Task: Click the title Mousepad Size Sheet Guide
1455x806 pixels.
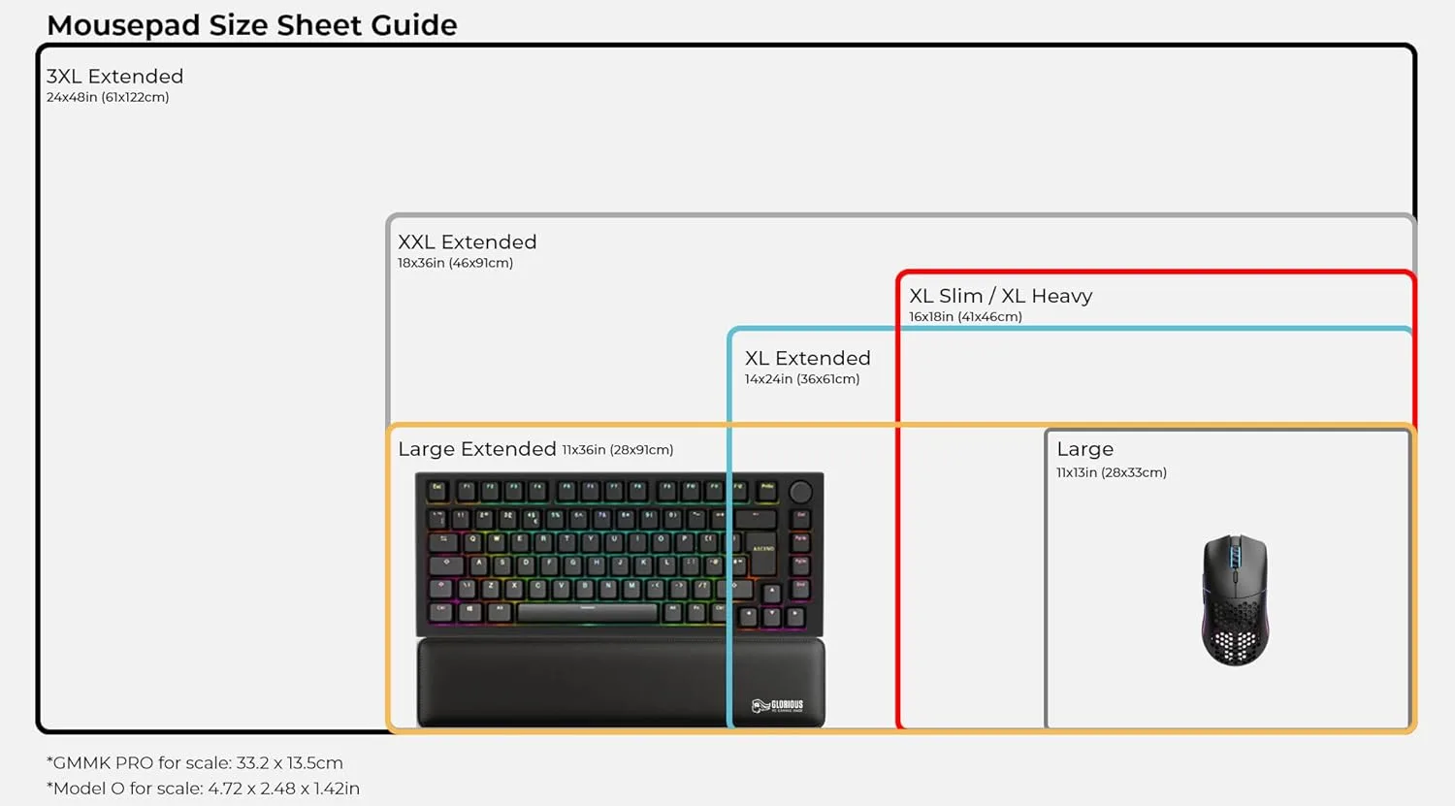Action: click(x=251, y=24)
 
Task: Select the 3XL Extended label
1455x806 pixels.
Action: click(x=114, y=76)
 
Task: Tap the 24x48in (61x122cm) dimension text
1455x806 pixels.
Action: click(x=108, y=97)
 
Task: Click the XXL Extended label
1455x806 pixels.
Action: click(x=467, y=242)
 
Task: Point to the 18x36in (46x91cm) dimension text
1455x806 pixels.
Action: click(x=455, y=263)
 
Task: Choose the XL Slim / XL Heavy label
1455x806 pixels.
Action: click(x=1000, y=296)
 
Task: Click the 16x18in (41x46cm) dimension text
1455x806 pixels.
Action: click(x=965, y=317)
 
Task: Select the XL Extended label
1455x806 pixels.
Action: click(x=807, y=358)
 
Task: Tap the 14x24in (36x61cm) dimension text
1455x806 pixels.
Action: click(x=801, y=379)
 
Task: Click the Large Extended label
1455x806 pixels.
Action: click(x=476, y=449)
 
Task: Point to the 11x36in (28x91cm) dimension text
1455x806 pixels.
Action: click(x=617, y=450)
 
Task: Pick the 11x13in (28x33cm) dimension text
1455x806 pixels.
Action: click(x=1111, y=472)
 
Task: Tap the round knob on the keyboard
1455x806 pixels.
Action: click(x=800, y=492)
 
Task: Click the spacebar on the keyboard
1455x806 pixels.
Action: click(x=587, y=612)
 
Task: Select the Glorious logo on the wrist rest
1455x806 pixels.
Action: click(x=778, y=705)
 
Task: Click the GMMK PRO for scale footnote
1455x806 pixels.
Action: click(x=194, y=762)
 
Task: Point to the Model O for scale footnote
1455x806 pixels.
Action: click(x=203, y=789)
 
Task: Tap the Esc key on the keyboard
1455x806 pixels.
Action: click(x=437, y=490)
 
